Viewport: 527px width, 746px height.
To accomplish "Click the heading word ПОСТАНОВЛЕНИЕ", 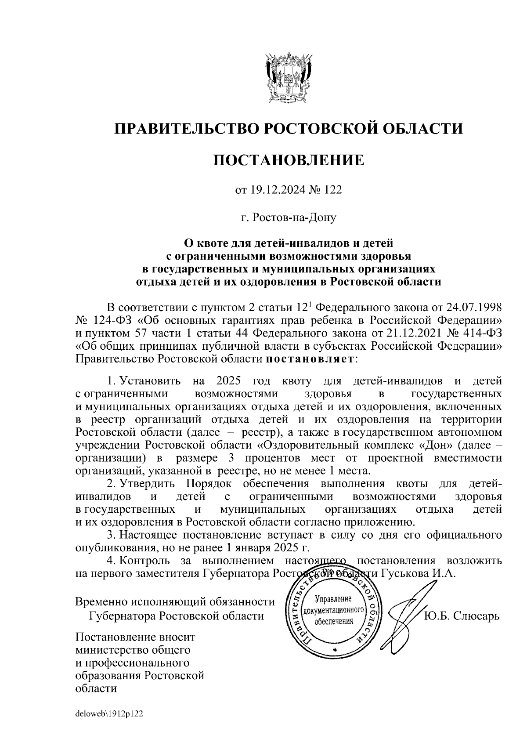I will (289, 160).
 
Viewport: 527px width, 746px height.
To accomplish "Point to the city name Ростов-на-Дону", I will (289, 217).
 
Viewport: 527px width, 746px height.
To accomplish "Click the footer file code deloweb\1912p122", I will (109, 714).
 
